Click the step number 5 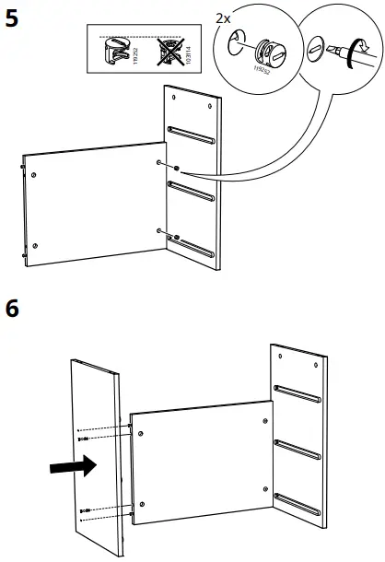[13, 20]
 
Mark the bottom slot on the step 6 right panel [298, 502]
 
